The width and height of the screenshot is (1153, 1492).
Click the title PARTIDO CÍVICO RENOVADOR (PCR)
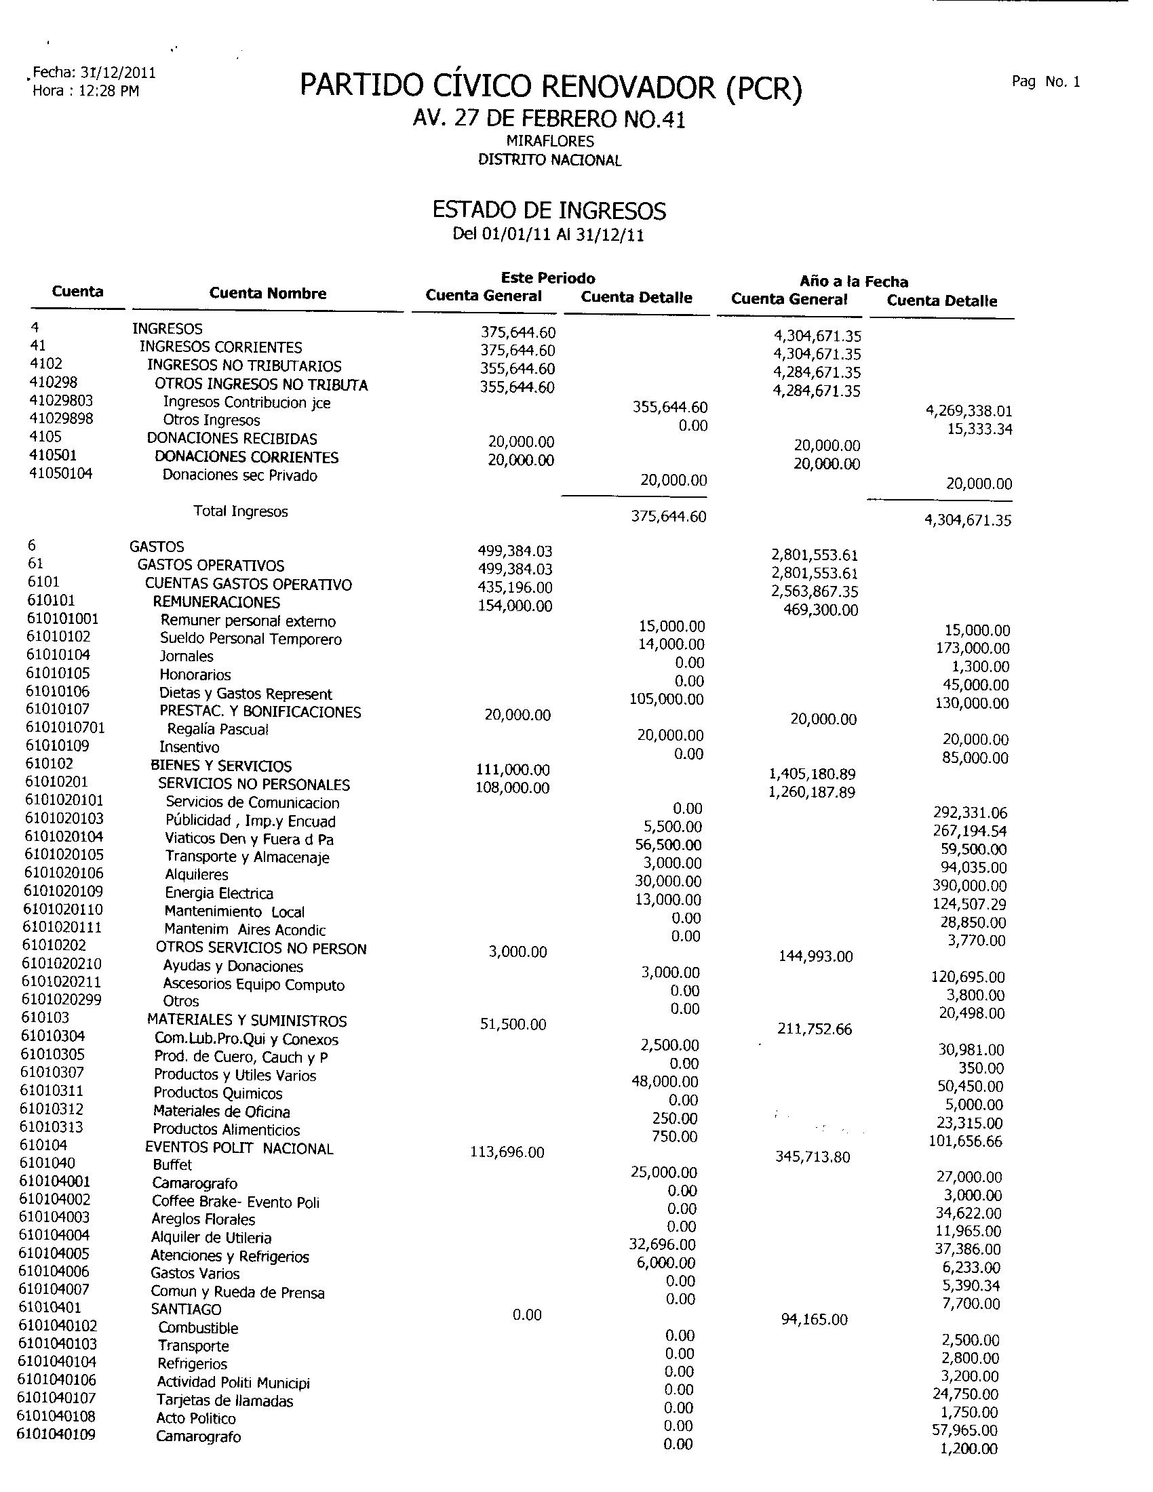[551, 87]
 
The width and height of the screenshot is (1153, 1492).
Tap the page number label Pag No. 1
[1046, 82]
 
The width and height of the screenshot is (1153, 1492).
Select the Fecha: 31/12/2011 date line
[94, 73]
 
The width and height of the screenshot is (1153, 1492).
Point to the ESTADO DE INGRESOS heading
[549, 210]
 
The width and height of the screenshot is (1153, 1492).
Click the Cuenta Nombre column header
[268, 294]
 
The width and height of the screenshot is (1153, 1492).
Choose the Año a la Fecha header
[854, 281]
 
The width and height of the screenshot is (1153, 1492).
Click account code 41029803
[62, 400]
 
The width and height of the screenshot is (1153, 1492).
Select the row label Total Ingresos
[241, 511]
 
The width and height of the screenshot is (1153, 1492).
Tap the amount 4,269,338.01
[969, 411]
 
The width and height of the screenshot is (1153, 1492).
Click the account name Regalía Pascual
[218, 730]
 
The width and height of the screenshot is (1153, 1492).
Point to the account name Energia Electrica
[218, 894]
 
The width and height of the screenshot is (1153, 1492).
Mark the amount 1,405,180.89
[812, 774]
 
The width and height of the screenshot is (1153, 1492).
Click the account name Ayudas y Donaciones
[232, 966]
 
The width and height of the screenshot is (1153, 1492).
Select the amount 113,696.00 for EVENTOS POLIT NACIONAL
[507, 1152]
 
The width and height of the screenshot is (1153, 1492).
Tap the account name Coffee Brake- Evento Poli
[235, 1202]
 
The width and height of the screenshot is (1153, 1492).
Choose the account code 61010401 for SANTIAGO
[51, 1308]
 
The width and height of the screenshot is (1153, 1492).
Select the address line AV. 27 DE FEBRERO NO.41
[549, 119]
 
